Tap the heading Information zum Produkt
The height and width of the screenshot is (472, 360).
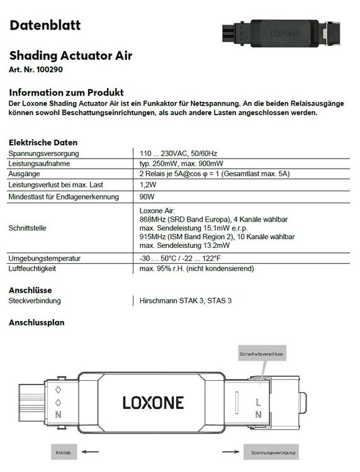(x=66, y=92)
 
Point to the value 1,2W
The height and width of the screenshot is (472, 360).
(x=147, y=185)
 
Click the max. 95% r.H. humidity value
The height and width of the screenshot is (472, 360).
(x=196, y=269)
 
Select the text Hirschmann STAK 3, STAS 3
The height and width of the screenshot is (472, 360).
(x=186, y=301)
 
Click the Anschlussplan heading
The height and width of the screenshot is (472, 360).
(x=37, y=322)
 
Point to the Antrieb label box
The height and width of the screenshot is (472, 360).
(x=63, y=452)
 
